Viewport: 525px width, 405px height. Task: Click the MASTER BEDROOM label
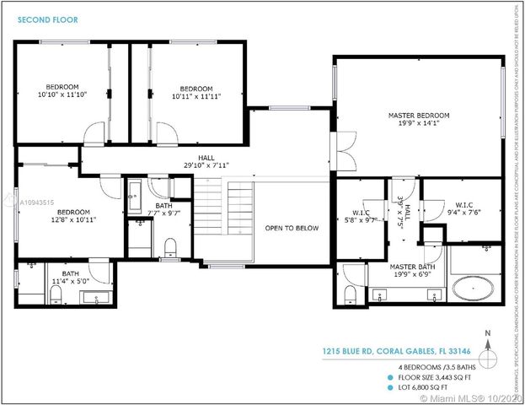click(419, 115)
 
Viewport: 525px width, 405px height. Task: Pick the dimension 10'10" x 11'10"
click(62, 94)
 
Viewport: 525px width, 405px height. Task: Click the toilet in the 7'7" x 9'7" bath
click(171, 246)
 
